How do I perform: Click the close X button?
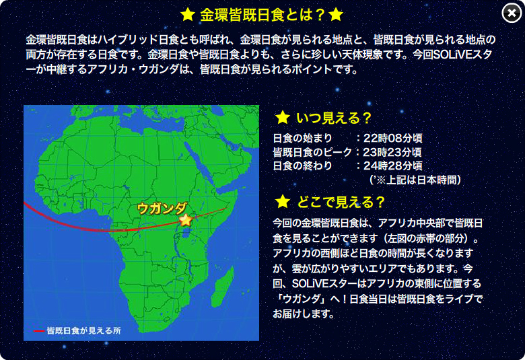[512, 13]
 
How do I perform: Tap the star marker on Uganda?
[186, 220]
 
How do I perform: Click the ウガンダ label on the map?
[162, 209]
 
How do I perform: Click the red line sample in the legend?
[39, 331]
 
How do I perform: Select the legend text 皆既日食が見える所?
[83, 330]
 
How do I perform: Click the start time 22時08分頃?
[393, 138]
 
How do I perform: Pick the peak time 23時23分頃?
[392, 152]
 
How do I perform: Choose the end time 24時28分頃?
[393, 166]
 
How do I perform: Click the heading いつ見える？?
[334, 118]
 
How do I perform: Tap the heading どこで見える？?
[341, 202]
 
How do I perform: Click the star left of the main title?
[188, 15]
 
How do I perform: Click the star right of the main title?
[336, 15]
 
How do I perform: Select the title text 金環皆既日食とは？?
[262, 15]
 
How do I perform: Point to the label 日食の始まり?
[302, 138]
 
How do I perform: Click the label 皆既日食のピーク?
[312, 152]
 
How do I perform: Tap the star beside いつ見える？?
[282, 118]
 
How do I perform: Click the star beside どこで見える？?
[282, 202]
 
